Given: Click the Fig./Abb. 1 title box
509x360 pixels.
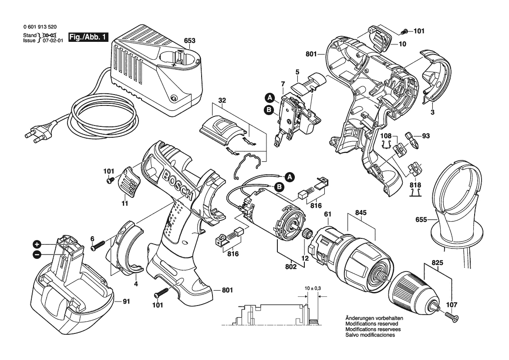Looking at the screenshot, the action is (88, 37).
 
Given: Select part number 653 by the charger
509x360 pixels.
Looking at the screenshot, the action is (189, 41).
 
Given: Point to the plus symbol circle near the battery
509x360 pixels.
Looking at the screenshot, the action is (37, 245).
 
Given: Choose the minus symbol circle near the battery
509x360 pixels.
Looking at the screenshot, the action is (37, 255).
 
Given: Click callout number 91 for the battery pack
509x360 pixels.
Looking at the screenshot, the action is (126, 302).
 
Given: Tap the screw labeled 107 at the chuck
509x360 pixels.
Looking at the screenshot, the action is (451, 316).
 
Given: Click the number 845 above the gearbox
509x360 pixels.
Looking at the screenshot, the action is (361, 213).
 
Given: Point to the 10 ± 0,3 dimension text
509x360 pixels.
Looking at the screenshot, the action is (313, 288).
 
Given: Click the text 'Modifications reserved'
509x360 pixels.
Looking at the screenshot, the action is (372, 324).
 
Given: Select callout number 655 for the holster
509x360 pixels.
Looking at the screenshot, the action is (421, 220).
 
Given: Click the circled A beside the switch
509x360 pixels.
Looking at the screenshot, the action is (269, 98).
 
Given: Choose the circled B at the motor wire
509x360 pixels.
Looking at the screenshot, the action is (279, 187).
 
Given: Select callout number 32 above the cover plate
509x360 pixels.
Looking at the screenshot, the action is (222, 100).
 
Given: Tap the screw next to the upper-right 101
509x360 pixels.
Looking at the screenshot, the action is (404, 31).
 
